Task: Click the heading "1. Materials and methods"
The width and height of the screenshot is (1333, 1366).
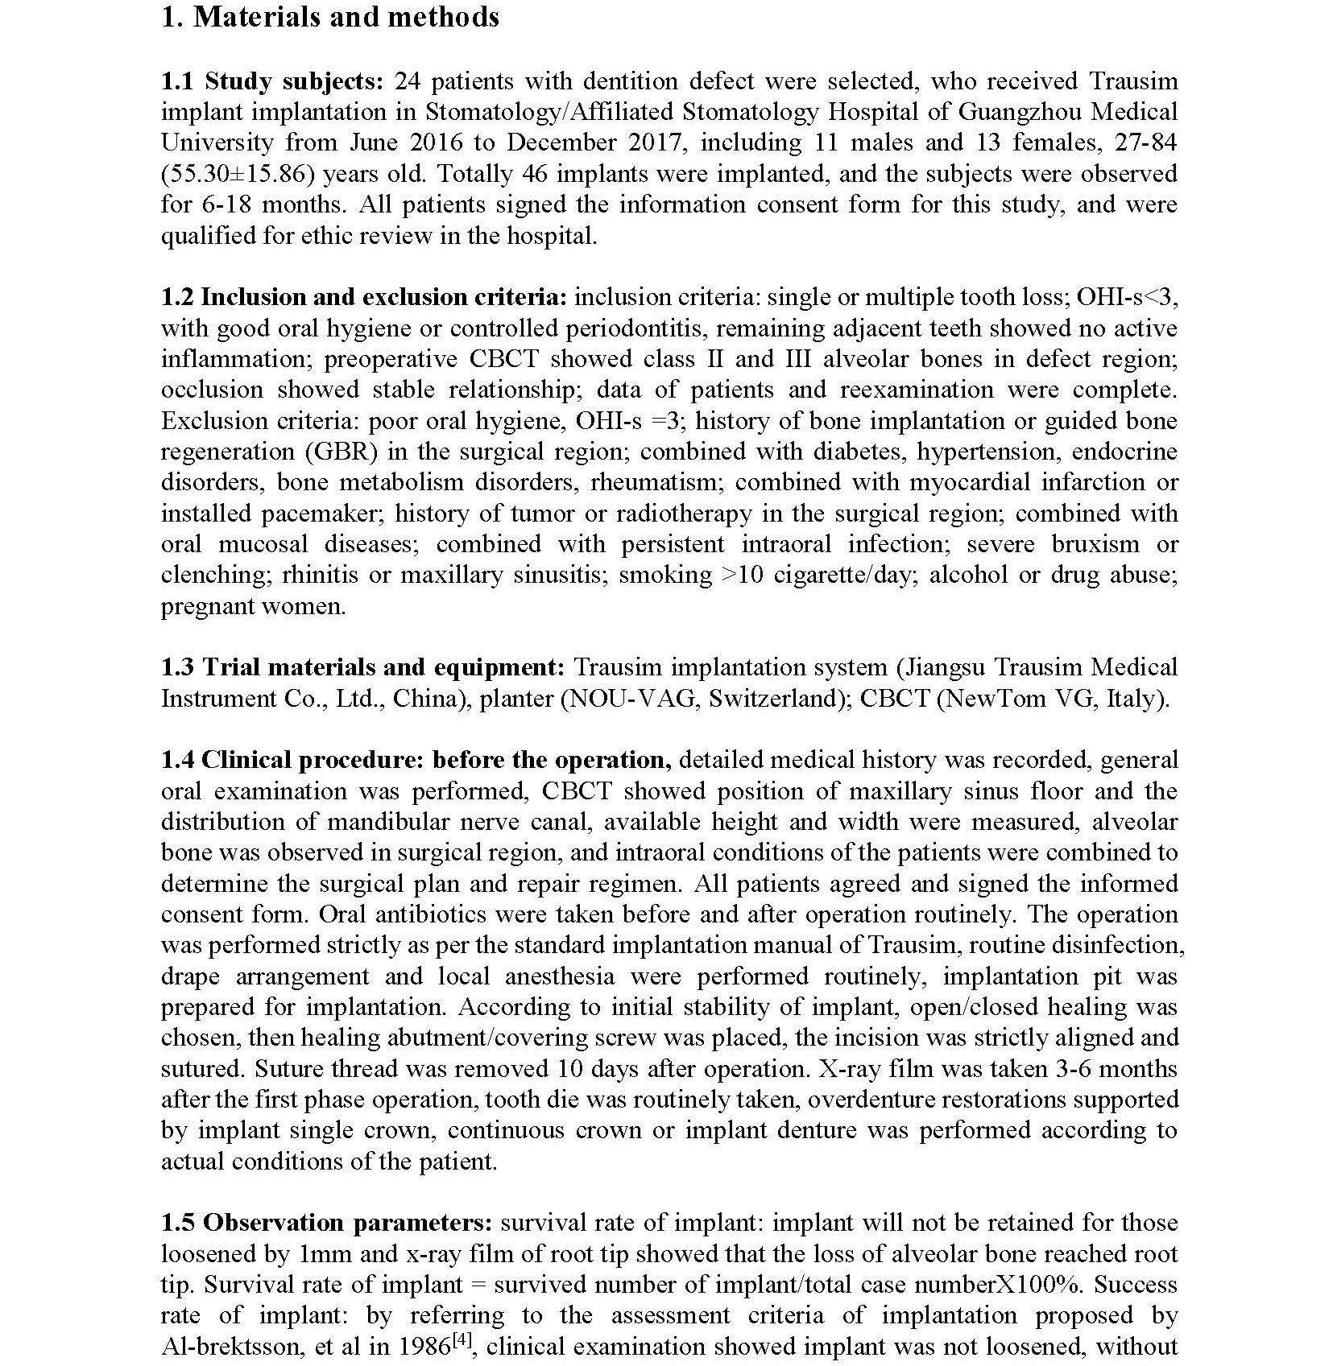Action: click(330, 18)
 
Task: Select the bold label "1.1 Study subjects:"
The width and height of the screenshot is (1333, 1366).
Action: click(272, 81)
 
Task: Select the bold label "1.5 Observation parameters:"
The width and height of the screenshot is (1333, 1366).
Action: click(326, 1224)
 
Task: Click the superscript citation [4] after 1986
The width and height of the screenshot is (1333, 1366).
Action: click(465, 1339)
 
